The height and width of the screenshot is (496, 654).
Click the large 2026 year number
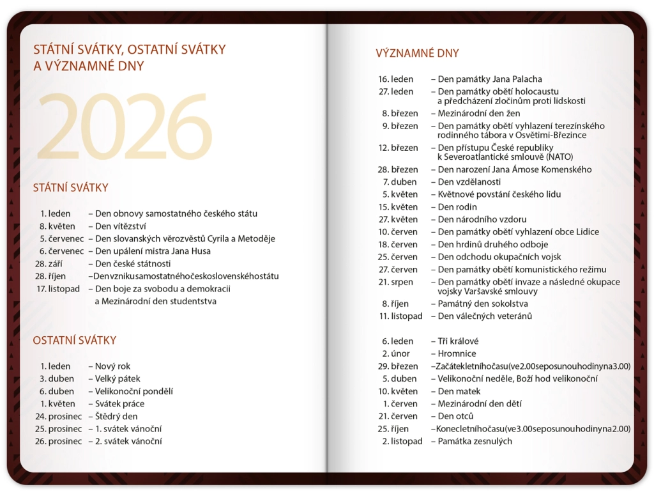tap(124, 127)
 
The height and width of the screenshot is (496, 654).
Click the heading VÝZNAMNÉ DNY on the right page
tap(417, 54)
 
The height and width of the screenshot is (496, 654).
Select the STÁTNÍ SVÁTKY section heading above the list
tap(70, 188)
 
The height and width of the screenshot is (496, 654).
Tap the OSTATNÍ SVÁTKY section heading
tap(74, 341)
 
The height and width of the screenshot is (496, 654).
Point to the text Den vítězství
tap(121, 226)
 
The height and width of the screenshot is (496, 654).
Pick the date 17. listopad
tap(59, 288)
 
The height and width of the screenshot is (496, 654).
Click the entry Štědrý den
tap(116, 416)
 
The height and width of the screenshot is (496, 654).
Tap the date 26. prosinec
tap(59, 441)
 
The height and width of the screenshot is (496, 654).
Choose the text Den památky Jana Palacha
tap(490, 79)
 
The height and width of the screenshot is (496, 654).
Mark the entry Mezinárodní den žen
tap(479, 113)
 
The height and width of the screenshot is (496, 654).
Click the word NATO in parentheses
tap(559, 157)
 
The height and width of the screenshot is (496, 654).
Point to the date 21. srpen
tap(396, 282)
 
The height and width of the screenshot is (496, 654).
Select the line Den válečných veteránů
tap(485, 316)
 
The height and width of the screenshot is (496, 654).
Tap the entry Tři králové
tap(458, 341)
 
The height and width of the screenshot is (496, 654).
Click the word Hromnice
tap(457, 353)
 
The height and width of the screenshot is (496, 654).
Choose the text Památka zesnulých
tap(475, 441)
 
